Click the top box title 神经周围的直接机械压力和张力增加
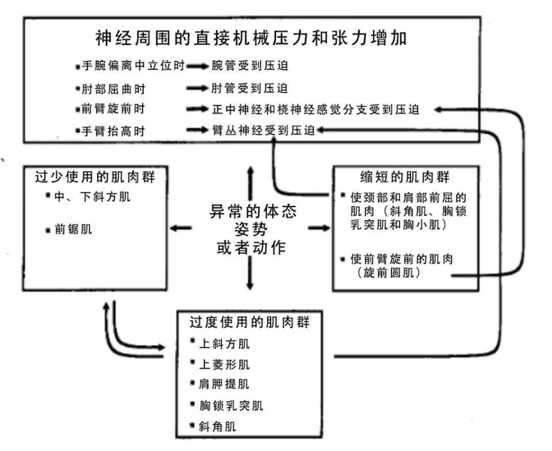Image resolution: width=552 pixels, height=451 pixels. (x=251, y=39)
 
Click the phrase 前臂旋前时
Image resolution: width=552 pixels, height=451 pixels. (x=113, y=109)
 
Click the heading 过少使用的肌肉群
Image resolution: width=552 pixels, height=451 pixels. (x=95, y=176)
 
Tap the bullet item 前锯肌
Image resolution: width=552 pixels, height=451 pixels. (x=72, y=229)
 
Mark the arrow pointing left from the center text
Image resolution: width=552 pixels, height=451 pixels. (x=181, y=229)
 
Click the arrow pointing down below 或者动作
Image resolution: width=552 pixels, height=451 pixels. (x=250, y=275)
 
